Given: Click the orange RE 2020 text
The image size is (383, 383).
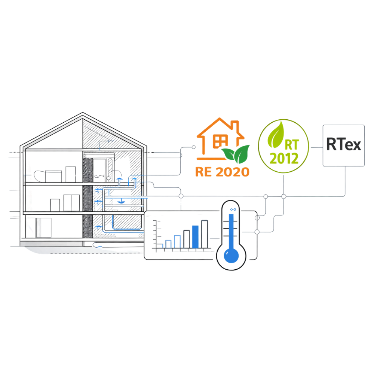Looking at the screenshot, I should [x=222, y=172].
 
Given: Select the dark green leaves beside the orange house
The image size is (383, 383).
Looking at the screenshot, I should [x=236, y=153].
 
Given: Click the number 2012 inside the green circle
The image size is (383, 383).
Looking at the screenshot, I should [x=284, y=158].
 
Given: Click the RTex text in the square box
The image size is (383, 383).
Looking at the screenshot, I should [x=343, y=144].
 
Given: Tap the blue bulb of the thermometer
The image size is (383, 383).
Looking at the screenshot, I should [x=231, y=254].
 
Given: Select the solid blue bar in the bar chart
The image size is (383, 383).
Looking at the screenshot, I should [x=195, y=236].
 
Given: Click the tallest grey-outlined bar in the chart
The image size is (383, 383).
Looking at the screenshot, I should [x=204, y=234].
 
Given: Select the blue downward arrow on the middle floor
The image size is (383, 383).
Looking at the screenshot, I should [x=120, y=201].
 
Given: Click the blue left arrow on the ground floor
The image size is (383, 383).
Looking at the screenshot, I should [x=99, y=227].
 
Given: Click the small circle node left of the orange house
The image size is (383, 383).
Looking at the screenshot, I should [x=194, y=147].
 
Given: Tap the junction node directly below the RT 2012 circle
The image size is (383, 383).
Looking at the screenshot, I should [x=284, y=196].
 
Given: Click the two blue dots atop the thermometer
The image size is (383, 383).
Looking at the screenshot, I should [x=233, y=209].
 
